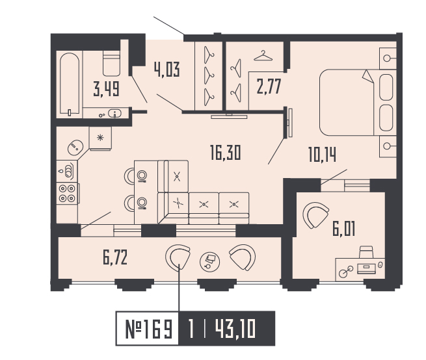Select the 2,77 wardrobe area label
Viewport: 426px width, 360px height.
269,86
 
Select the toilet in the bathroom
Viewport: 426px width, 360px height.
112,63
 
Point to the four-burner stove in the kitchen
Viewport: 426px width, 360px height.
67,194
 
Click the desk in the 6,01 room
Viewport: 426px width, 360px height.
360,268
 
